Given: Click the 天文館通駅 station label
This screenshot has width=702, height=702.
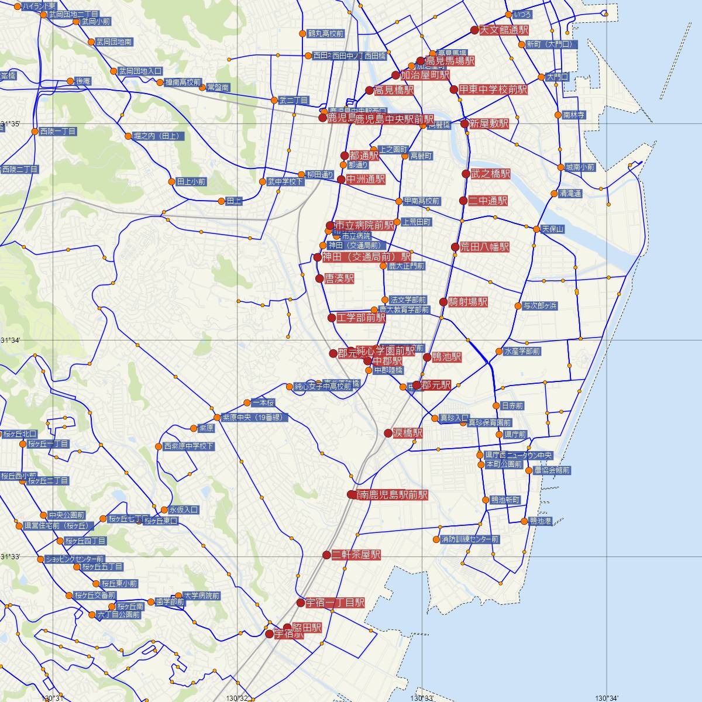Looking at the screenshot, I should click(504, 30).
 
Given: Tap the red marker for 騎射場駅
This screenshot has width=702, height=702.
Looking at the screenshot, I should click(443, 302).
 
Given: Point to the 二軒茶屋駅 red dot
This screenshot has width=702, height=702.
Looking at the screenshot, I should click(327, 555).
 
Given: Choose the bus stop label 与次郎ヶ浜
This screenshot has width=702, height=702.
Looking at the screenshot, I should click(540, 306).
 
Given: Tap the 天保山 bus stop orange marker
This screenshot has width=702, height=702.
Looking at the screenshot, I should click(536, 229).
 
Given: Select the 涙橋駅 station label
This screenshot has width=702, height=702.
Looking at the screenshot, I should click(408, 433).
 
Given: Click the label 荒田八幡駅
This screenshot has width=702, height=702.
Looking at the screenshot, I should click(484, 247).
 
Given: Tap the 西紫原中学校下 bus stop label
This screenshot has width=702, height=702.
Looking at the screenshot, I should click(189, 446).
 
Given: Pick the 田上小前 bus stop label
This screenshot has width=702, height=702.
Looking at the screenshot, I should click(191, 182).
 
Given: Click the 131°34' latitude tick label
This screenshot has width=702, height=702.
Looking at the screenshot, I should click(11, 340).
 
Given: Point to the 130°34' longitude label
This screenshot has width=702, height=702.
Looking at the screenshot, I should click(607, 697).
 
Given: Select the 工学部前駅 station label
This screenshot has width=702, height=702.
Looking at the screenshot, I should click(361, 318).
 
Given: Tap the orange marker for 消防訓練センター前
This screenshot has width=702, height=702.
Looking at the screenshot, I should click(436, 539).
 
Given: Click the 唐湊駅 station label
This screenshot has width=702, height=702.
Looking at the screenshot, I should click(339, 279).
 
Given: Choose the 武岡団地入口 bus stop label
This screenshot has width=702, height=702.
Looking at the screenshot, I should click(140, 71).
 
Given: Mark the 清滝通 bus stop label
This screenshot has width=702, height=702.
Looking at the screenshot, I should click(570, 194).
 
